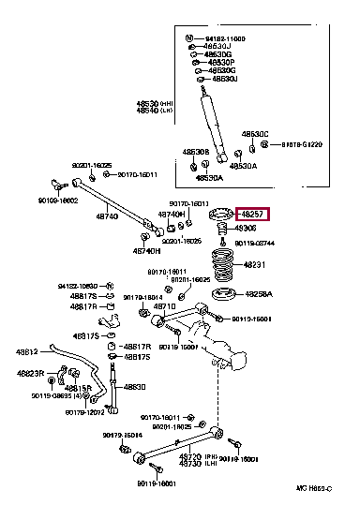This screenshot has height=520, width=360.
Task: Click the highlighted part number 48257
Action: [252, 214]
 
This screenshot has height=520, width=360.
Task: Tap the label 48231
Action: [256, 264]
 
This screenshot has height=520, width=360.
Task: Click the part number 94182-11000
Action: [224, 38]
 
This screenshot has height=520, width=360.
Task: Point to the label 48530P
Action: [222, 63]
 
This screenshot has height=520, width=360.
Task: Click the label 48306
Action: [246, 228]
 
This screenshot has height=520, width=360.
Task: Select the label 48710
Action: [164, 306]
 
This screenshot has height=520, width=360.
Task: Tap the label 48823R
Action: [30, 373]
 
